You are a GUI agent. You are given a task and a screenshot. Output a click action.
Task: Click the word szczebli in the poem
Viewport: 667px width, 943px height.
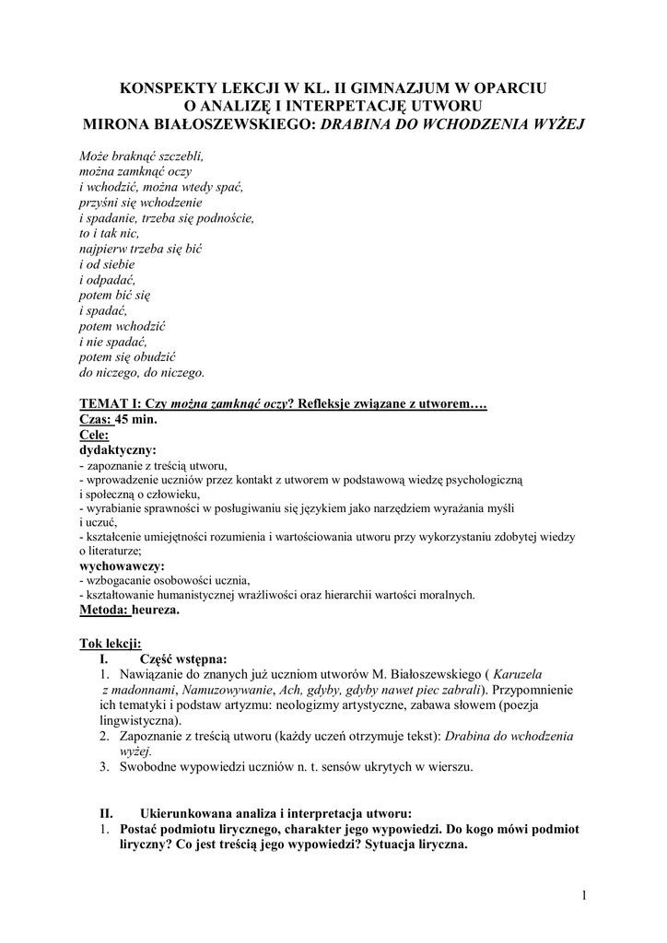pos(181,157)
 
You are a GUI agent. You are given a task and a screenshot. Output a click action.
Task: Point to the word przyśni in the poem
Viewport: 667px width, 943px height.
pos(100,202)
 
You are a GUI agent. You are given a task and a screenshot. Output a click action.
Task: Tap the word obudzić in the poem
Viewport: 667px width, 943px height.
pos(152,357)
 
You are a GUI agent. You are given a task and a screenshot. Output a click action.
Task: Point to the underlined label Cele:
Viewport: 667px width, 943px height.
pos(95,435)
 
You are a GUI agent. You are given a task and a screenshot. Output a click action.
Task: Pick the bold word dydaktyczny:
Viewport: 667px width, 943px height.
pos(118,450)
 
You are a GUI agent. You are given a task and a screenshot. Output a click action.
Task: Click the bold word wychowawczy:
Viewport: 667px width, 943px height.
pos(123,565)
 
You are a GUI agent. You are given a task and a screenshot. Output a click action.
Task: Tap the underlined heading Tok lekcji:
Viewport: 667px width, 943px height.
pos(111,643)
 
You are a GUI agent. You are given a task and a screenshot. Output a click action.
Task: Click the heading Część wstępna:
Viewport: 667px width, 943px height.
pos(182,658)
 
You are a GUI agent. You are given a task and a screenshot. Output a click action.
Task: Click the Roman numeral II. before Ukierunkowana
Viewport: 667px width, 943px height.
pos(105,813)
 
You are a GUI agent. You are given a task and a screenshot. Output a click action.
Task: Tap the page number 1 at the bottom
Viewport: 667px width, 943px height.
pos(584,894)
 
